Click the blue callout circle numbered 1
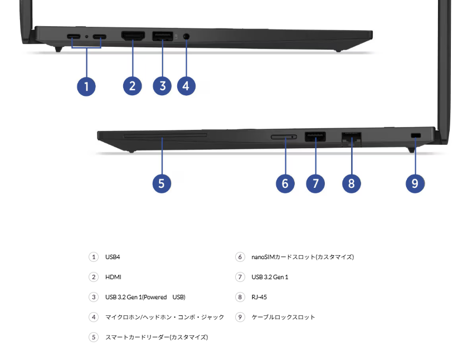click(x=86, y=86)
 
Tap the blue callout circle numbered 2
click(x=133, y=86)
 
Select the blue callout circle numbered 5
click(x=162, y=183)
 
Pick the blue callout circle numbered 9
click(x=415, y=183)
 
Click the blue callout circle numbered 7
click(x=315, y=183)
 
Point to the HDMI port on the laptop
click(x=133, y=36)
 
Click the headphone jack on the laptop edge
click(x=186, y=36)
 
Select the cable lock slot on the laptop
click(x=416, y=135)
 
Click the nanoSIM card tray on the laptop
click(x=284, y=137)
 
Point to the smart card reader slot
click(x=166, y=136)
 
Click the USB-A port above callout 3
click(x=163, y=36)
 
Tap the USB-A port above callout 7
click(x=315, y=137)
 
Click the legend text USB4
click(x=113, y=257)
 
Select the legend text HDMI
click(x=113, y=277)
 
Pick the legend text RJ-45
click(x=259, y=297)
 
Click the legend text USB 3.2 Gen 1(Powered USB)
click(x=145, y=297)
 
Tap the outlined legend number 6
click(x=240, y=257)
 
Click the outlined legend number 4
click(x=94, y=317)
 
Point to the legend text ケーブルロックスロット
click(x=283, y=317)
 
